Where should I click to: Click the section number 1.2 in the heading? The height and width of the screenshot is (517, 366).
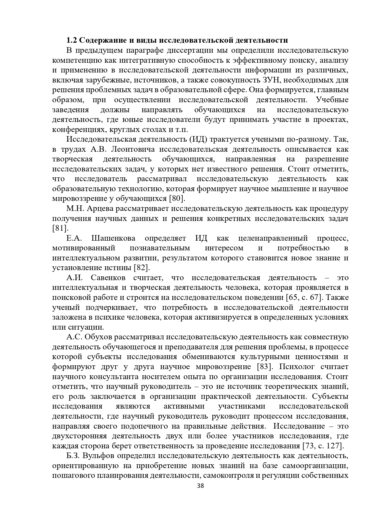72,40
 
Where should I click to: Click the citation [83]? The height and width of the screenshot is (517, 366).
265,367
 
